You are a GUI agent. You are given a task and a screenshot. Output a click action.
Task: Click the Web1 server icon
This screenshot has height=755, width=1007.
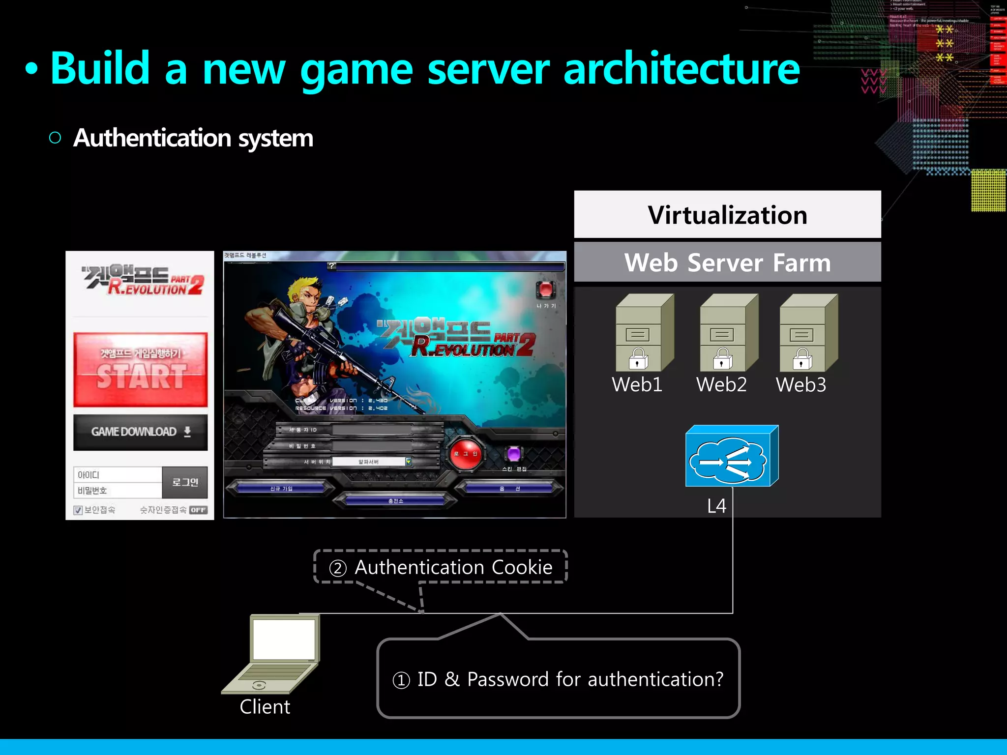(644, 333)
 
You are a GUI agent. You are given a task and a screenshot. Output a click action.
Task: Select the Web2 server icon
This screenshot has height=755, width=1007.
(728, 333)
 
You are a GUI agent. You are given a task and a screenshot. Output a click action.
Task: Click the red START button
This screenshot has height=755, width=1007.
(141, 370)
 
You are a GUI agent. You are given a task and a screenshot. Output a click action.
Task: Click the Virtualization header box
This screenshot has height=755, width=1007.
(727, 215)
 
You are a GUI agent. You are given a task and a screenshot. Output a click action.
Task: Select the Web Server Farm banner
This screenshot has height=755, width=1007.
(727, 262)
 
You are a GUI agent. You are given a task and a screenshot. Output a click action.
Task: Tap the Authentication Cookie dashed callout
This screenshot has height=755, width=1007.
(441, 567)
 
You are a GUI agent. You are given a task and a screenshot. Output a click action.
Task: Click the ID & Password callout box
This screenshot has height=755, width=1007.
(558, 679)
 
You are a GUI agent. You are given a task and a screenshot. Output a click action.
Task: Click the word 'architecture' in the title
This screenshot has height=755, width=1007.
(681, 69)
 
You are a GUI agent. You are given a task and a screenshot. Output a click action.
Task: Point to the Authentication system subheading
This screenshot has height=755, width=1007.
(193, 138)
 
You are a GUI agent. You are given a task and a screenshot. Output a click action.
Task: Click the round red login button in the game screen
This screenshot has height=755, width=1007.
(465, 454)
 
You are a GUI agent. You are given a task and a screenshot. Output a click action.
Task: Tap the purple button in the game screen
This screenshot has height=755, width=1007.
(514, 453)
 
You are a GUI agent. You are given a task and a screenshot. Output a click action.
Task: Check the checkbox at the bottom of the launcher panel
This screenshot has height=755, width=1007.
(78, 510)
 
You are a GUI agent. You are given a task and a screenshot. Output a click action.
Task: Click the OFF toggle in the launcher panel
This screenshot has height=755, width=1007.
(198, 510)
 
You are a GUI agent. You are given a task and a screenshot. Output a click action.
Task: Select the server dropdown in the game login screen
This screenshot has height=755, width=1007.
(372, 462)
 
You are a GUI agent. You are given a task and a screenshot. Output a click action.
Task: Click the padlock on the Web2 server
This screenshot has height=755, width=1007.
(722, 359)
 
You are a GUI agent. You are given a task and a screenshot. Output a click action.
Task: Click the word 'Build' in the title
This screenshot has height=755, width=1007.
(100, 69)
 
